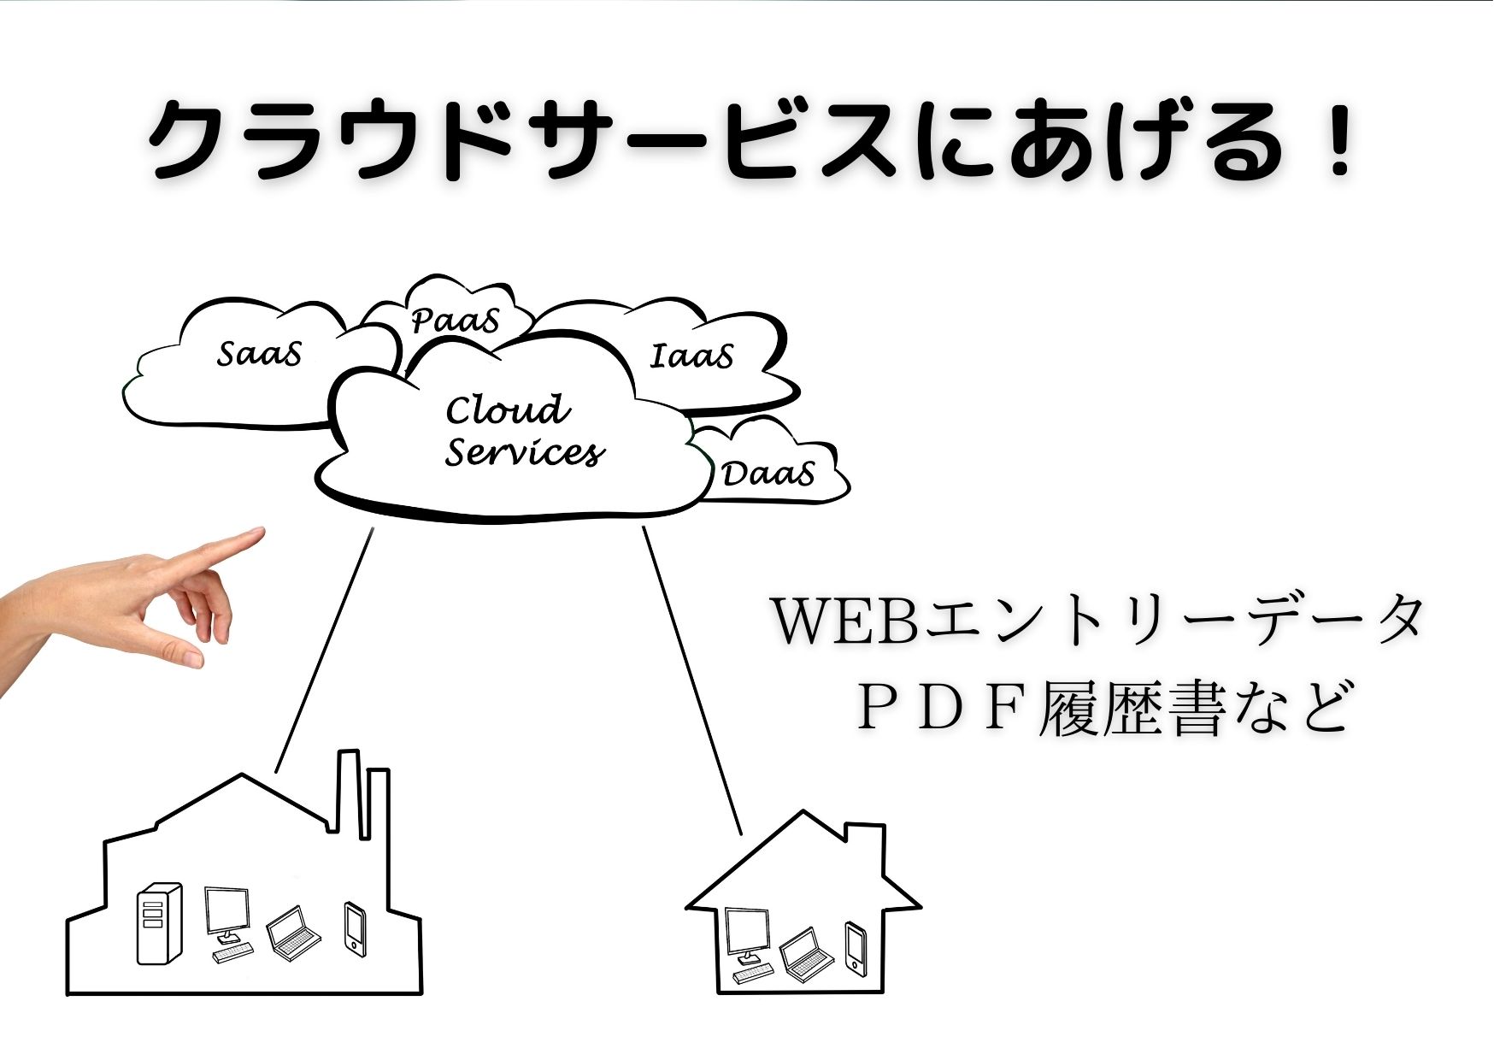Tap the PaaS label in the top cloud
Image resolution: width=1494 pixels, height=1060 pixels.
(x=455, y=321)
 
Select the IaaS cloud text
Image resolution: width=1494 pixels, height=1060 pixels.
(x=691, y=356)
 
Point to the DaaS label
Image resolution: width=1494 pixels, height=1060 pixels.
(x=768, y=474)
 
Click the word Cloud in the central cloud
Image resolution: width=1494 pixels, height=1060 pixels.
(x=508, y=410)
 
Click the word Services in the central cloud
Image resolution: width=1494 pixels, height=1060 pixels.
(x=524, y=452)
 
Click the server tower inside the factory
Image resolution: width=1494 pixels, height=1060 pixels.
(x=160, y=923)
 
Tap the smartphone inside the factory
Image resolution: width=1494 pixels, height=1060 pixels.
(x=355, y=928)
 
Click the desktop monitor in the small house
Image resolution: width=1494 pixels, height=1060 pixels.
(x=747, y=934)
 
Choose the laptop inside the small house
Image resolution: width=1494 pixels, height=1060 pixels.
(x=806, y=951)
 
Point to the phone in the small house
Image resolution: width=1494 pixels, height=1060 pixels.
(x=855, y=946)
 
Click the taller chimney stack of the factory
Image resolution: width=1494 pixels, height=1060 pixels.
(x=348, y=791)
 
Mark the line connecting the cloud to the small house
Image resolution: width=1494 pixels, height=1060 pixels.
(x=692, y=680)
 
